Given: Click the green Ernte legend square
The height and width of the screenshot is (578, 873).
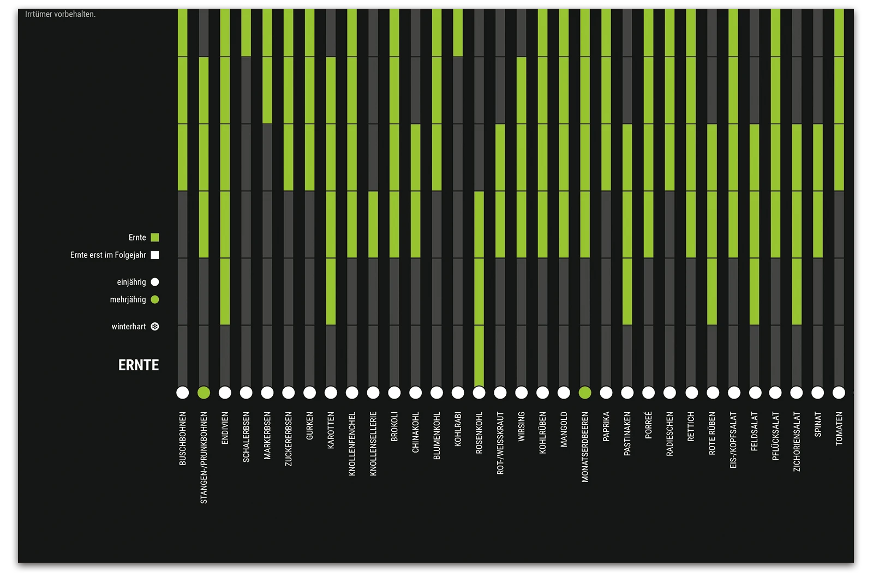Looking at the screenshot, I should click(155, 237).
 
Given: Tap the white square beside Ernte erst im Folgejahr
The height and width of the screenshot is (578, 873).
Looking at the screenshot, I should click(155, 255).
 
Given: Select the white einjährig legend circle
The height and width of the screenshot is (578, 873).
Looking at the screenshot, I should click(155, 282).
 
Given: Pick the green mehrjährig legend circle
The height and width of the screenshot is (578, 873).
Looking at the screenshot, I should click(155, 299).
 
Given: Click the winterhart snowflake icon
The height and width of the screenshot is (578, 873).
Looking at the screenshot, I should click(155, 327).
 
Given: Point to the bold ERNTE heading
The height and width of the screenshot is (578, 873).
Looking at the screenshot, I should click(139, 365).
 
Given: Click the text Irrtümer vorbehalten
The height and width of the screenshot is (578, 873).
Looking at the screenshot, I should click(60, 14).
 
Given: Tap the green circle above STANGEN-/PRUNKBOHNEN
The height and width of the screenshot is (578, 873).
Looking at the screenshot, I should click(204, 393).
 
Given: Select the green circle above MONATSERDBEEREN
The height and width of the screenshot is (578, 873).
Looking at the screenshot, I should click(585, 393).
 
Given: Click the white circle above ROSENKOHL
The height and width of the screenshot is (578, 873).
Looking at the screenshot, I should click(479, 393).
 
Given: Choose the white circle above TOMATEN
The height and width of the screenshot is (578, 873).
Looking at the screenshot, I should click(839, 393).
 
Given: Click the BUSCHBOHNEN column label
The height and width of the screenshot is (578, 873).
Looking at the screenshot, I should click(183, 438).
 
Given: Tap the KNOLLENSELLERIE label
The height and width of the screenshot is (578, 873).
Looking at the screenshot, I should click(373, 443).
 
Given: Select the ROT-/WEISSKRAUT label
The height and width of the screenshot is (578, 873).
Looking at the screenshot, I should click(500, 443).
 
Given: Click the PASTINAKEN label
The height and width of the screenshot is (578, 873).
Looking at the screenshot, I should click(627, 433).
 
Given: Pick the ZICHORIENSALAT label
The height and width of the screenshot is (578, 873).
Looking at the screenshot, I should click(797, 441).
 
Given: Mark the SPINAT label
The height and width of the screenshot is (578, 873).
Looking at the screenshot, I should click(818, 424).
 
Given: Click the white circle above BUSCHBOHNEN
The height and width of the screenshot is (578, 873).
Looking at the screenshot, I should click(182, 393).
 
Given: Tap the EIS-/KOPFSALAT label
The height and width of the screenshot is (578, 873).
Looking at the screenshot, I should click(733, 440).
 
